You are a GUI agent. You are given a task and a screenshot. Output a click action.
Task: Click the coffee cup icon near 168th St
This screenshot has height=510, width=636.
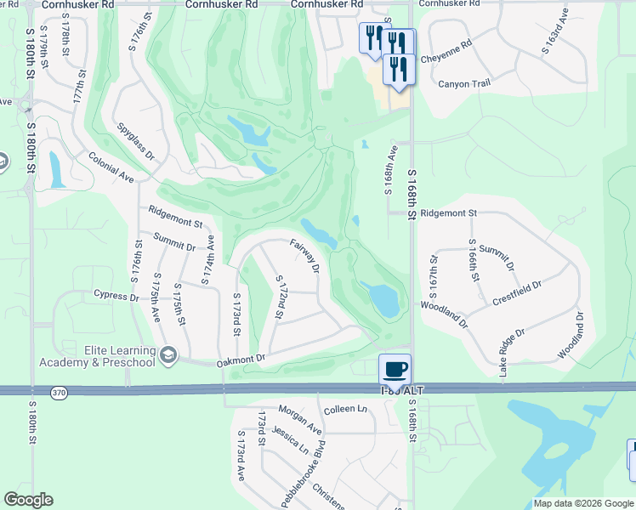click(395, 369)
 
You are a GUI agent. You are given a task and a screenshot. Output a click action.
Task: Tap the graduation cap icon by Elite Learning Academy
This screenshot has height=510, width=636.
click(168, 354)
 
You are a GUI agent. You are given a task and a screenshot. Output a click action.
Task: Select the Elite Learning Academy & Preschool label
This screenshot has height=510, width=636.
click(97, 357)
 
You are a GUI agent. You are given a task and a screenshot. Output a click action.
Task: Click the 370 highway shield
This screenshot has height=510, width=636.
click(57, 392)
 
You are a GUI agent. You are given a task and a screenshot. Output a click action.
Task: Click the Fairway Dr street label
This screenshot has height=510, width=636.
click(304, 256)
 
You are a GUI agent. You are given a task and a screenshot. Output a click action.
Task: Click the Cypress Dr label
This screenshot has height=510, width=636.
click(116, 297)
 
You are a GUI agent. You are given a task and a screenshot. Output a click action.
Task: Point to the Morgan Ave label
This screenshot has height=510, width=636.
click(299, 417)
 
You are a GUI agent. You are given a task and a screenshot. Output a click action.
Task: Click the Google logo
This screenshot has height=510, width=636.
click(28, 500)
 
